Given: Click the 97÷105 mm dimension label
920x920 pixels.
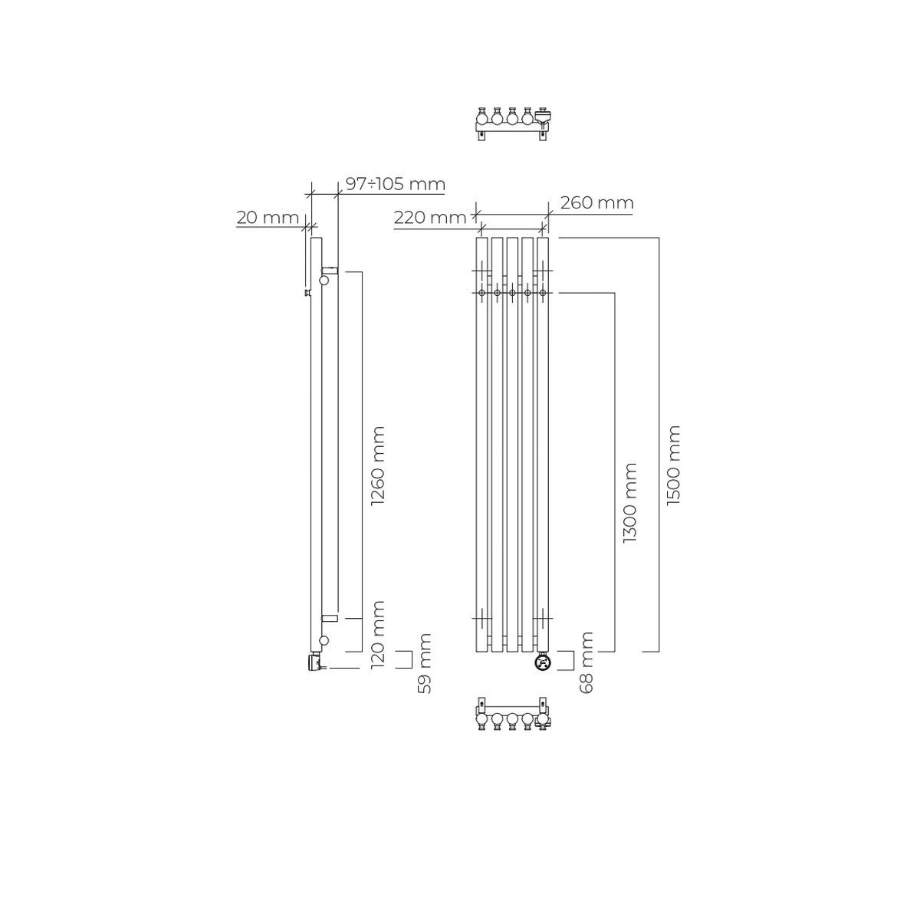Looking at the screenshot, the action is point(395,184).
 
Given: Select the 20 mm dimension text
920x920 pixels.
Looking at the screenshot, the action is point(268,218).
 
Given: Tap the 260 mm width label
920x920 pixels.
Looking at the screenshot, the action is point(596,203).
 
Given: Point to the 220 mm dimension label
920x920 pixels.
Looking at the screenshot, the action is point(429,218).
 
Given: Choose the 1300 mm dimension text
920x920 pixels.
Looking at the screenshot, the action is point(630,502).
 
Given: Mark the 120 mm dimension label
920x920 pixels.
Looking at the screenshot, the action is point(378,635).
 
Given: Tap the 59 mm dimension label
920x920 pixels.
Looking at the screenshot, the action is point(424,663).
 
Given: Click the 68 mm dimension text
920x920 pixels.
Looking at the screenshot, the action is point(586,662).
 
